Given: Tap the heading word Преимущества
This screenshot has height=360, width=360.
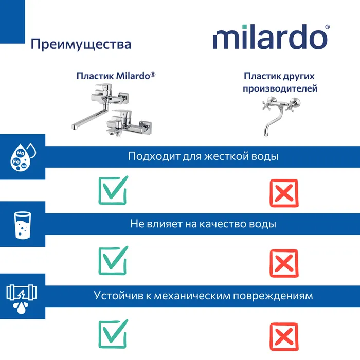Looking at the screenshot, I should (x=81, y=44).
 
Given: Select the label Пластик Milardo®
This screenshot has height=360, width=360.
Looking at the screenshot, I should (x=116, y=76).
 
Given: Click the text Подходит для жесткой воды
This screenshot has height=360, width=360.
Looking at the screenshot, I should (x=203, y=156).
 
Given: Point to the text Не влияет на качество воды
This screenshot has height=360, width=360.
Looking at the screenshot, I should (x=203, y=224).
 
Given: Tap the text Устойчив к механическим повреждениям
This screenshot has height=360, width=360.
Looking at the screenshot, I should (x=203, y=296).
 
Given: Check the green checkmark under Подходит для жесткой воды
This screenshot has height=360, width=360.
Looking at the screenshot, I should (x=113, y=190).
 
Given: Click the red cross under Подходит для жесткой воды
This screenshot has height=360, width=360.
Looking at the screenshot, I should (x=283, y=193).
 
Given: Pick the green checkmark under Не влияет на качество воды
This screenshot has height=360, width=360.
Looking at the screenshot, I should (x=113, y=260).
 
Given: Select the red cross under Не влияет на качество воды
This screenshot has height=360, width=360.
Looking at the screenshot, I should (x=283, y=263).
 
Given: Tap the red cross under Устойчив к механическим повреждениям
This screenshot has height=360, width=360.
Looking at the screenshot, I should (x=283, y=335).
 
